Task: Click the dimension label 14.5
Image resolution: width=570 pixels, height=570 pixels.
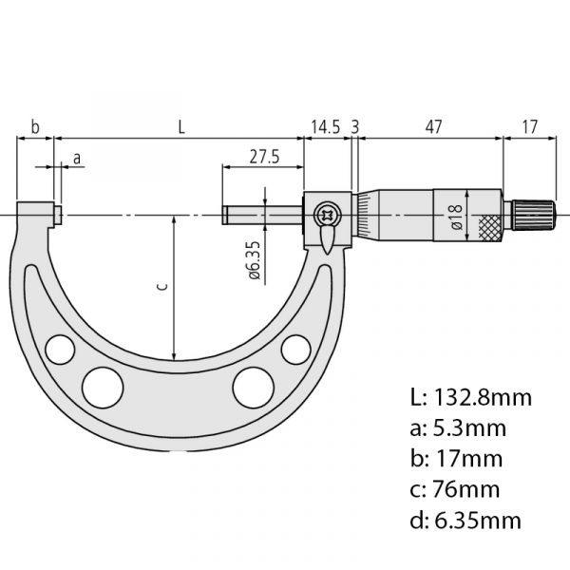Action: pyautogui.click(x=325, y=127)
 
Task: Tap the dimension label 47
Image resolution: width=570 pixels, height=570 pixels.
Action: pyautogui.click(x=434, y=127)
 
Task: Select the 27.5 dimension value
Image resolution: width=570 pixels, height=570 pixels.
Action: pyautogui.click(x=264, y=157)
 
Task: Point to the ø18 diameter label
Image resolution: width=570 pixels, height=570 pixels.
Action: pyautogui.click(x=457, y=217)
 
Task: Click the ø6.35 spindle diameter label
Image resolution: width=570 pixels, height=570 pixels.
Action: pyautogui.click(x=255, y=260)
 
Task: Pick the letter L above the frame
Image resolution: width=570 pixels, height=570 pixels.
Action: pyautogui.click(x=181, y=127)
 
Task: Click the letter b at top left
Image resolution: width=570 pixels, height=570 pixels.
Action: pyautogui.click(x=35, y=127)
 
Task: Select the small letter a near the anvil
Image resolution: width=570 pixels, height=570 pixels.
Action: pyautogui.click(x=77, y=159)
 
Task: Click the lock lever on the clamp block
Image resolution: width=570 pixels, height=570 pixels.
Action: pyautogui.click(x=327, y=239)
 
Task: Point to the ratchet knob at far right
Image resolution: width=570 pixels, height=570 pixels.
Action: pyautogui.click(x=534, y=216)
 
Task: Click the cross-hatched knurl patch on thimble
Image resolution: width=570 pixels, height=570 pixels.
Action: pyautogui.click(x=489, y=228)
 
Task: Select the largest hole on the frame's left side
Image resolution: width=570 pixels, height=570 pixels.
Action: pyautogui.click(x=103, y=388)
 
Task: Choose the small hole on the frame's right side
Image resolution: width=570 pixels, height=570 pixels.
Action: pyautogui.click(x=295, y=350)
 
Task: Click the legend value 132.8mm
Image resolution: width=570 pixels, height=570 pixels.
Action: pyautogui.click(x=483, y=397)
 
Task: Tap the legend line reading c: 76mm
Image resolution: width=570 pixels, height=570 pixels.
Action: pyautogui.click(x=455, y=489)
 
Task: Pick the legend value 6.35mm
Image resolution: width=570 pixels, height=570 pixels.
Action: pyautogui.click(x=478, y=521)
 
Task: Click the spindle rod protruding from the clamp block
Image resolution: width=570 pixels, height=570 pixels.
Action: pyautogui.click(x=263, y=215)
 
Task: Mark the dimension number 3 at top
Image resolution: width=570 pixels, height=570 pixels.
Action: pyautogui.click(x=355, y=127)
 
